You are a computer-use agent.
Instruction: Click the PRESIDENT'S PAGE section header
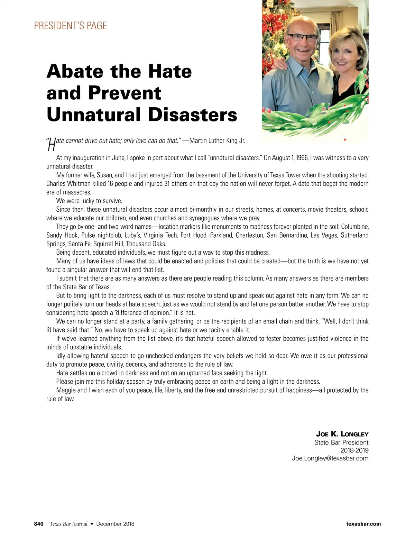point(70,26)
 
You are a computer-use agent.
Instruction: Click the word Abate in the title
point(75,71)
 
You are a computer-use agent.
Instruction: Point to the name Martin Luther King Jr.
point(217,140)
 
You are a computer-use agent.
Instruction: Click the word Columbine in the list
point(354,227)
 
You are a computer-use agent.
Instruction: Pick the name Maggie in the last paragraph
point(66,390)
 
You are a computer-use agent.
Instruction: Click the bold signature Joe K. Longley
point(342,434)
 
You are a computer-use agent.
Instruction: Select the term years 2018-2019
point(354,450)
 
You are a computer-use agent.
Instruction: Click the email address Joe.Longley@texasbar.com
point(330,458)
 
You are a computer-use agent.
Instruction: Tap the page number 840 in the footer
point(39,524)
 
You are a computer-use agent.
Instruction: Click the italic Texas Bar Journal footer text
point(68,524)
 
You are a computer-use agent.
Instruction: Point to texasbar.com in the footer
point(363,524)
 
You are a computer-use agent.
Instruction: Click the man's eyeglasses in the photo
point(302,37)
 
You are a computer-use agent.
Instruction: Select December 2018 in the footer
point(115,524)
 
